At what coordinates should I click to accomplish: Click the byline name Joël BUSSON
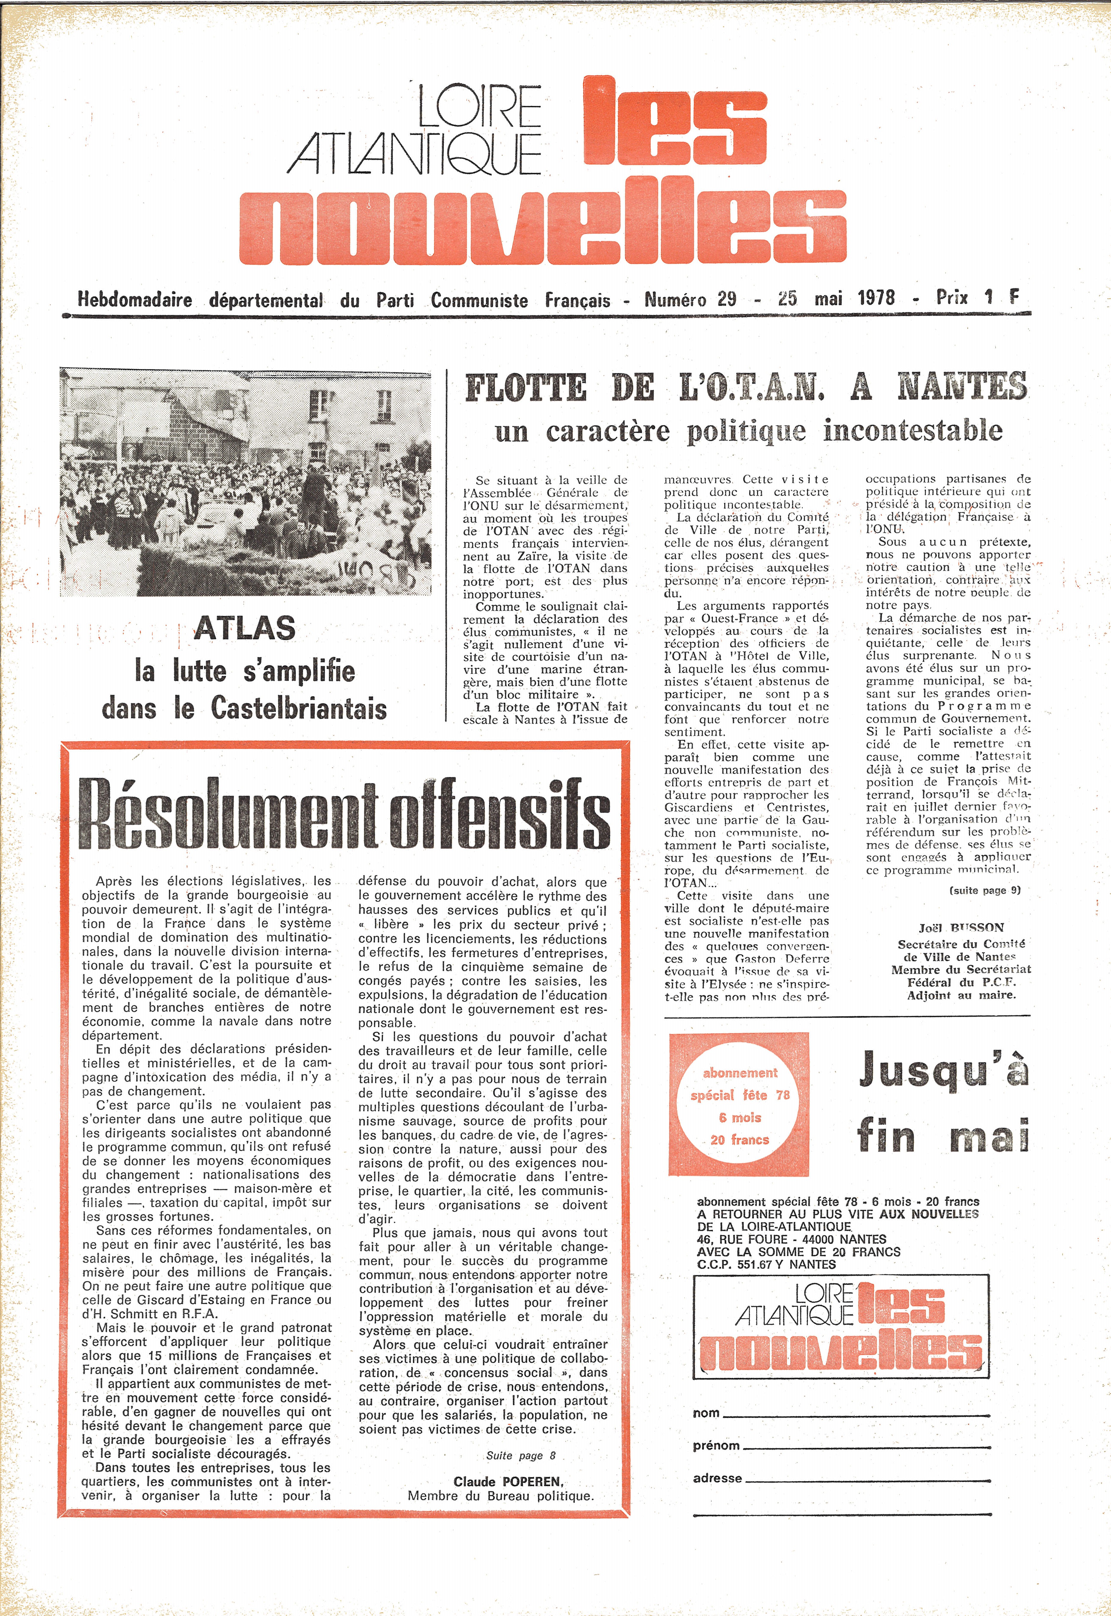tap(961, 928)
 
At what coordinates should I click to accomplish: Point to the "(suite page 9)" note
tap(984, 890)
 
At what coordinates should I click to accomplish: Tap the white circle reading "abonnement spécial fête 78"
tap(739, 1106)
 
